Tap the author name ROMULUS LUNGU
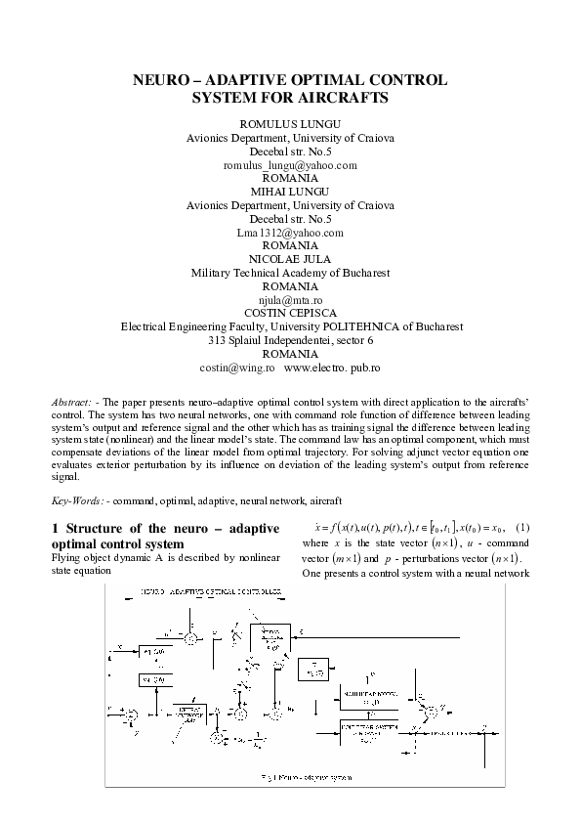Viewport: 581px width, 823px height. tap(290, 125)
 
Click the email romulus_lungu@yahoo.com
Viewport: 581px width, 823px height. tap(290, 166)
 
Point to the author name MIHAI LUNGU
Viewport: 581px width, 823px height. tap(290, 193)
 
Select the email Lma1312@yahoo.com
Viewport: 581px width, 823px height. tap(290, 233)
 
